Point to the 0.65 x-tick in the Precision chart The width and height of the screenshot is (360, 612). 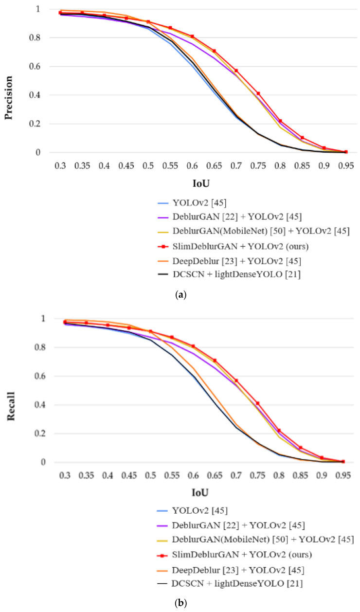pyautogui.click(x=214, y=166)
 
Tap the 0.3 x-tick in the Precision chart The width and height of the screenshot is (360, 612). pyautogui.click(x=60, y=166)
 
